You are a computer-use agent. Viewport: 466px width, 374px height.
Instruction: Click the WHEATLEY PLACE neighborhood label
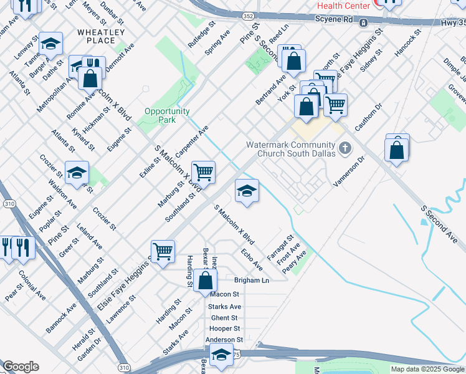pos(101,36)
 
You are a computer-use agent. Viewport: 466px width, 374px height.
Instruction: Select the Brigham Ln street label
pos(251,280)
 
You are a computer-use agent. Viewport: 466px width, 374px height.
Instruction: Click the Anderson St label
pos(223,340)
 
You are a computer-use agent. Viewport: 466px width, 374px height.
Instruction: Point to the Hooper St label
pos(225,328)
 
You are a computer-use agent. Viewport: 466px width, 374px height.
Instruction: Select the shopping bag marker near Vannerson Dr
pos(397,149)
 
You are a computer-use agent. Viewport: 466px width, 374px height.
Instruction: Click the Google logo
pos(21,367)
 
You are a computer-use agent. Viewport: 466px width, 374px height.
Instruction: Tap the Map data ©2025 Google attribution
pos(428,369)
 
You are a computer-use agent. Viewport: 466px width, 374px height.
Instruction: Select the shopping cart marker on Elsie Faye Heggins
pos(163,252)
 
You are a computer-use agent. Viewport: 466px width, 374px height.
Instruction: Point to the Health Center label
pos(344,6)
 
